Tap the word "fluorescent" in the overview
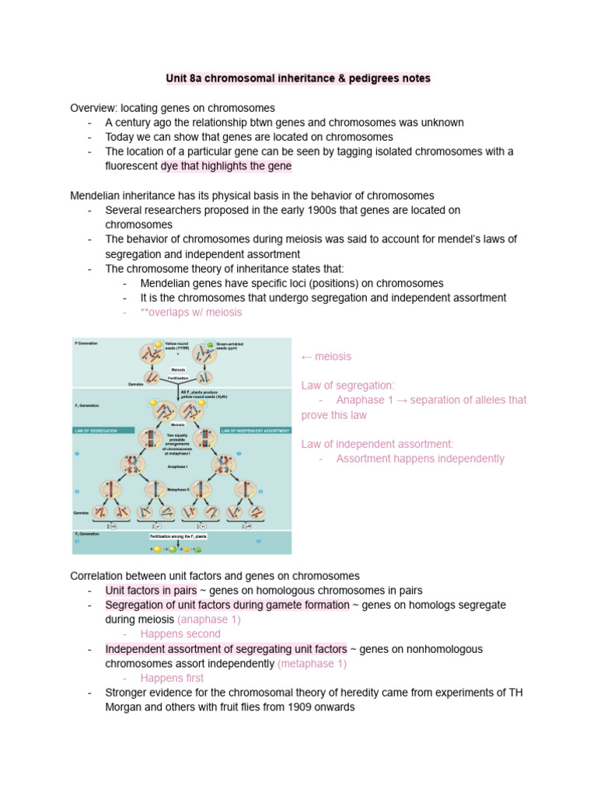[x=131, y=166]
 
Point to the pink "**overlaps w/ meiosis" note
[x=190, y=312]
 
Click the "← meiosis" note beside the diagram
[x=326, y=356]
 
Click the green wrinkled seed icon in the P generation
[x=211, y=344]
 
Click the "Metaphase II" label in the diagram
[x=180, y=490]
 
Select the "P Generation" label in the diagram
[x=87, y=343]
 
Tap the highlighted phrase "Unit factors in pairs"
[x=151, y=590]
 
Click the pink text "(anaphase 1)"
[x=208, y=620]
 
